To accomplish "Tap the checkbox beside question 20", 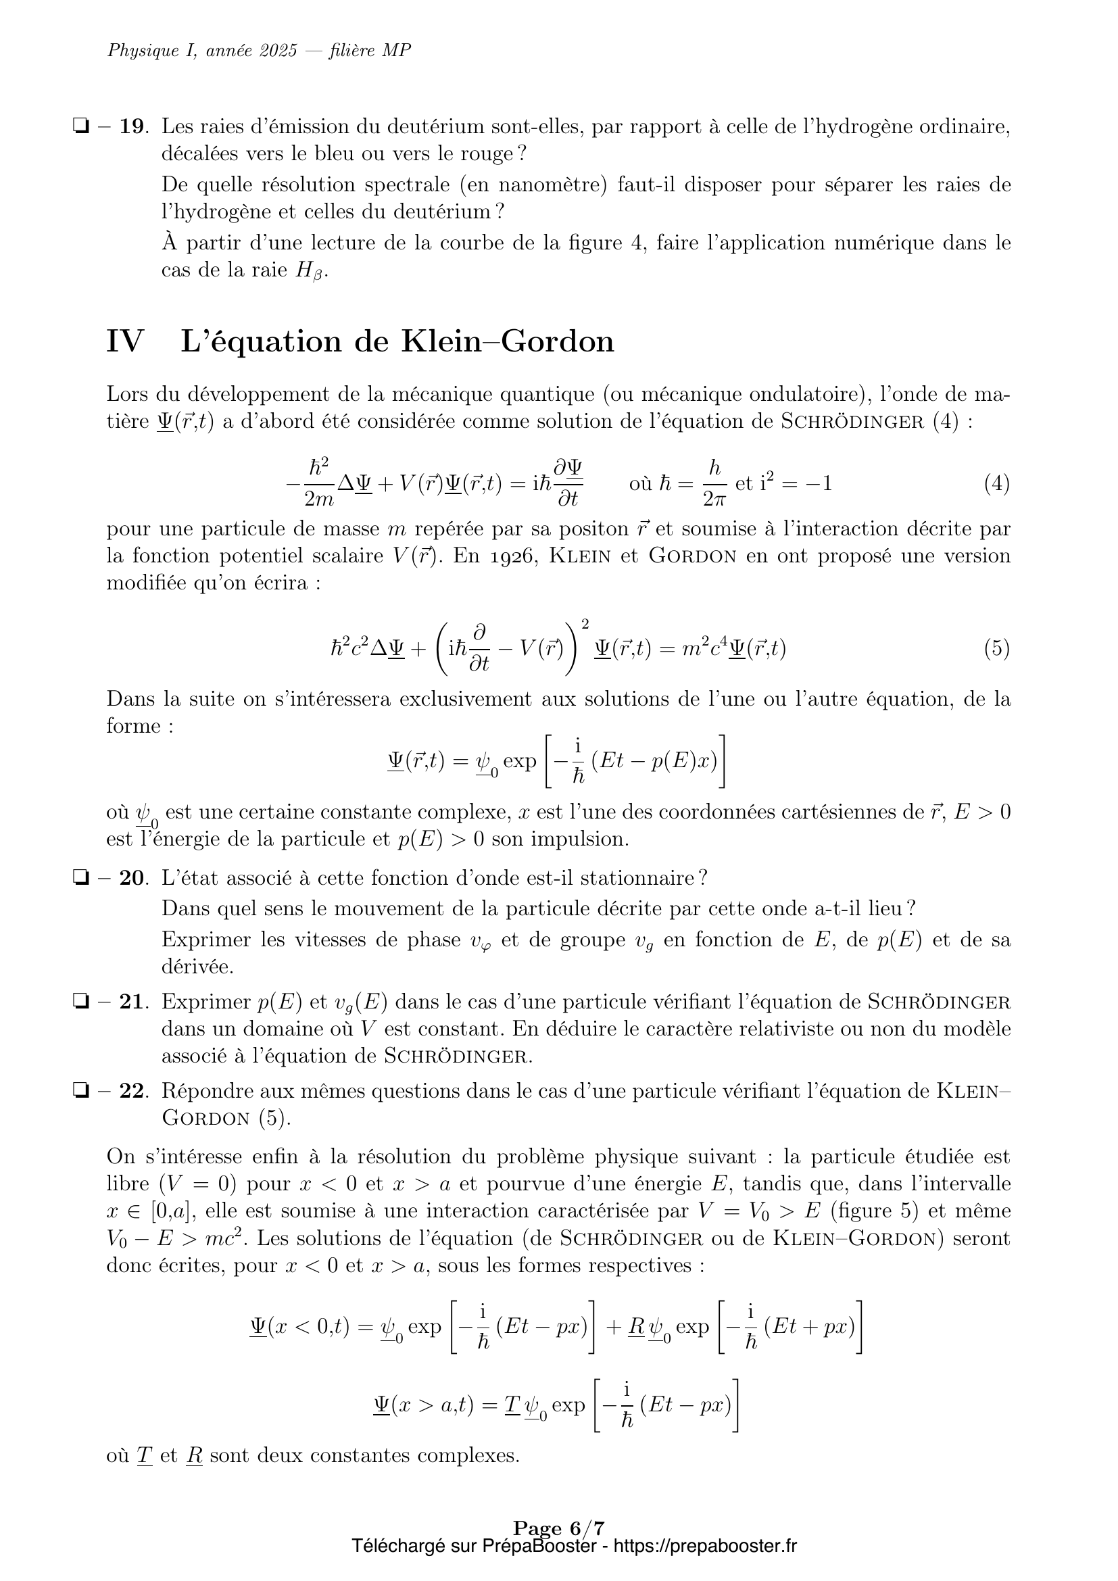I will point(81,878).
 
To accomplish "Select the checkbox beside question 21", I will point(81,1002).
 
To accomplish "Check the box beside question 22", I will point(81,1092).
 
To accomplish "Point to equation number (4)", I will point(996,484).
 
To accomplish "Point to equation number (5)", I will point(996,649).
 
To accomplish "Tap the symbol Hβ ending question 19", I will point(310,270).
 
